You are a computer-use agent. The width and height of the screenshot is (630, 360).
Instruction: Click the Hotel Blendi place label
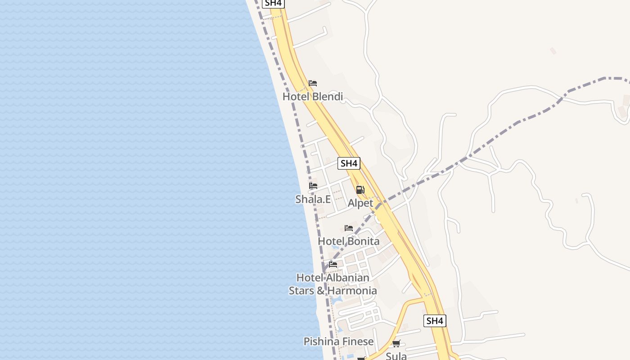[x=312, y=97]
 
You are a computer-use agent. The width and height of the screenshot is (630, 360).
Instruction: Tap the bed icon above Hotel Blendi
[x=313, y=83]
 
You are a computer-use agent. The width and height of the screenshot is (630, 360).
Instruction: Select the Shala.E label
[x=313, y=199]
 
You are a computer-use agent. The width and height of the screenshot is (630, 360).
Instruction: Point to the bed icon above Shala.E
[x=313, y=186]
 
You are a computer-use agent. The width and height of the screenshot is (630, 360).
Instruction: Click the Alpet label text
[x=360, y=203]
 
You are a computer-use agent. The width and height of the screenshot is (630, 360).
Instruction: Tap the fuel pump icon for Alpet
[x=360, y=190]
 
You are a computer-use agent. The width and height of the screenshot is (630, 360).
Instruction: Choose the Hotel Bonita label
[x=349, y=241]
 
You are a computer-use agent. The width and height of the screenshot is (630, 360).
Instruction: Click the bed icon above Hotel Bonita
[x=349, y=228]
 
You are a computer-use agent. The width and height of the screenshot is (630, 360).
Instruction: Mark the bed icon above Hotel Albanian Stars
[x=333, y=264]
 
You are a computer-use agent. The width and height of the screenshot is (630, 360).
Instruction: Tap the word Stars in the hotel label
[x=301, y=291]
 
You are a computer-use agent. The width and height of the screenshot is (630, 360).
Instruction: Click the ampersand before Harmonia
[x=320, y=291]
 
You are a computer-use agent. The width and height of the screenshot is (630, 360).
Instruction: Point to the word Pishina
[x=319, y=342]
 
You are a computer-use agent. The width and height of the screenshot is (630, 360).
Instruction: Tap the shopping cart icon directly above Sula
[x=396, y=344]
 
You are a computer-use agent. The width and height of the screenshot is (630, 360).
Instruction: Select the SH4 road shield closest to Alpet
[x=349, y=163]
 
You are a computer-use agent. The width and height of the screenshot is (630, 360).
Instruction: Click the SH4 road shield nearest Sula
[x=435, y=321]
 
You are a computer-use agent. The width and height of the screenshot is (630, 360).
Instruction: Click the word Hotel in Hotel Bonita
[x=331, y=241]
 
